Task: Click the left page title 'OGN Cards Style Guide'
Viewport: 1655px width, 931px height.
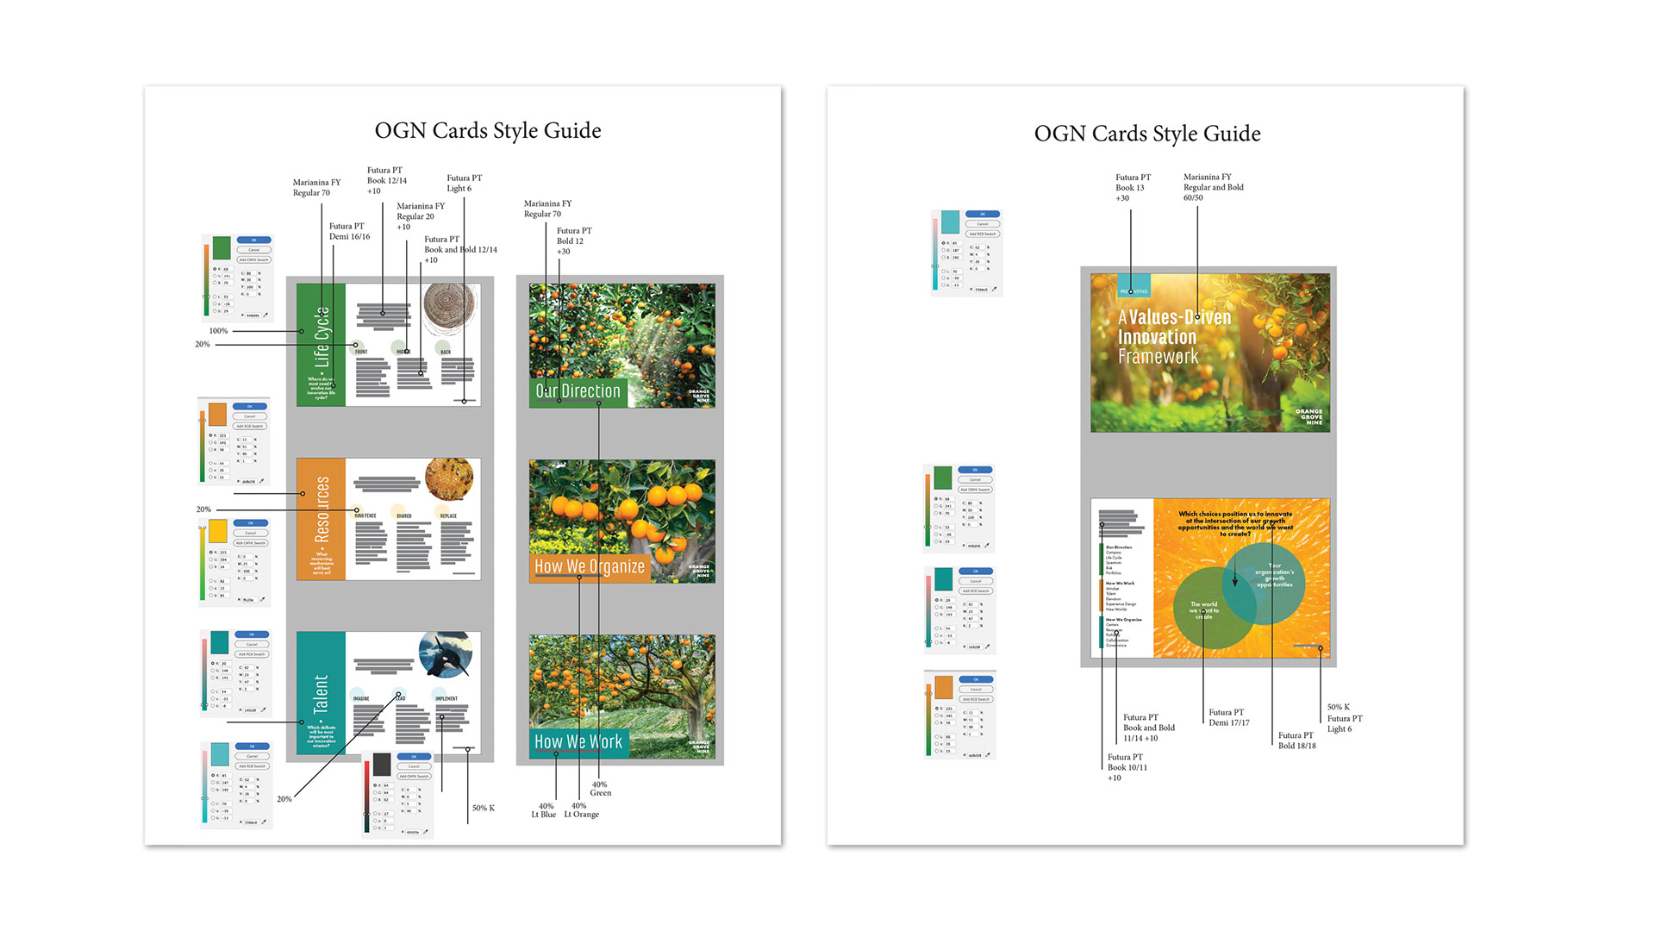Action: (x=488, y=131)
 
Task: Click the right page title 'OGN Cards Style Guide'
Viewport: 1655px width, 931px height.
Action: (x=1147, y=134)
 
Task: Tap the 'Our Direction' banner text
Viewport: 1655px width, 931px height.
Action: (x=578, y=391)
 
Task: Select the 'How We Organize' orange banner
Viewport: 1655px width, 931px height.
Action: (x=590, y=566)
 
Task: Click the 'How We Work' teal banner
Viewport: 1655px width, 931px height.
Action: (x=578, y=741)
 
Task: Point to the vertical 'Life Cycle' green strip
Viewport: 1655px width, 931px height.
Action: (x=321, y=345)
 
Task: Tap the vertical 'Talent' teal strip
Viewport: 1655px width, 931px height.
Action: (x=321, y=694)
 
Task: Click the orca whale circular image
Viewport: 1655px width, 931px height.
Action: (x=446, y=654)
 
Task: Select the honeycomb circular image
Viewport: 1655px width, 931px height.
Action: (x=449, y=478)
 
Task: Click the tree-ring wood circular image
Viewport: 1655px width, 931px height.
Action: (x=449, y=309)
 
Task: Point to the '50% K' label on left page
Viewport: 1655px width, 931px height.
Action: (x=484, y=809)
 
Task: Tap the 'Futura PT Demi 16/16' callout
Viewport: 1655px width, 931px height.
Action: (x=349, y=232)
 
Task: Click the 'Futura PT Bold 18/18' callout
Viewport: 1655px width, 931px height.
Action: (x=1296, y=740)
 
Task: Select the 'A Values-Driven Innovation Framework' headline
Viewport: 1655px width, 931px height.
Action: (x=1174, y=337)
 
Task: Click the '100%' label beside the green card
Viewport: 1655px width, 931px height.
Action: (x=218, y=331)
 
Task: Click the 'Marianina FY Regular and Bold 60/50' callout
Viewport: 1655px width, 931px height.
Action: (x=1213, y=187)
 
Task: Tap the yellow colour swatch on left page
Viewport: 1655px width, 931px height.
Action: (x=217, y=530)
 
